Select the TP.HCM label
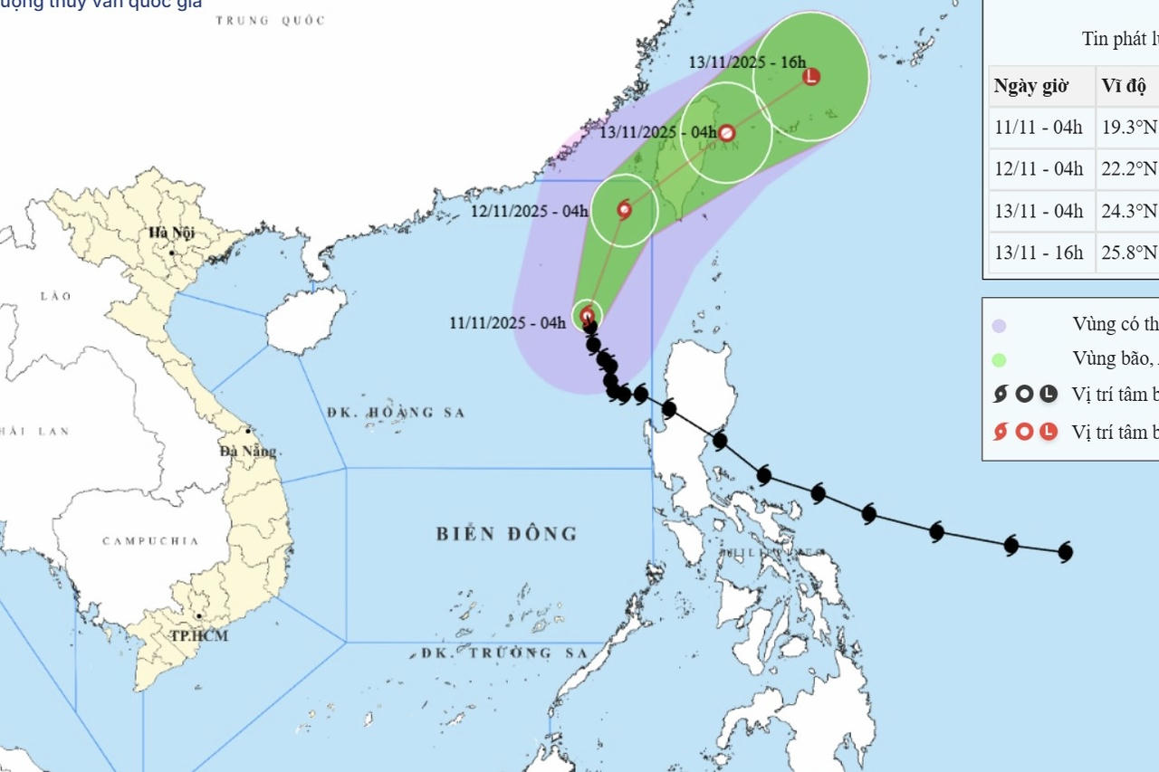(199, 635)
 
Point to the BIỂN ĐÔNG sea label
(506, 534)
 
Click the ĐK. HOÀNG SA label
(396, 413)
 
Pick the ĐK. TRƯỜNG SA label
(504, 653)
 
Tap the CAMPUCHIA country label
(150, 541)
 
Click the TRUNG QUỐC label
(270, 20)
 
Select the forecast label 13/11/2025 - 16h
(746, 62)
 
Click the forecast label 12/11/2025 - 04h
(530, 212)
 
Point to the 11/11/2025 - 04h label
(507, 323)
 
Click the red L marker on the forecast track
(811, 76)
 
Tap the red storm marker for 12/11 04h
(624, 210)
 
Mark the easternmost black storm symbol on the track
(1066, 551)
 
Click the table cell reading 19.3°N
(1128, 127)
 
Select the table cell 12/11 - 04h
(1039, 168)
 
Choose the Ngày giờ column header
(1031, 87)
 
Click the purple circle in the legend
(999, 325)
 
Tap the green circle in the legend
(999, 359)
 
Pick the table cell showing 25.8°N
(1128, 253)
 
